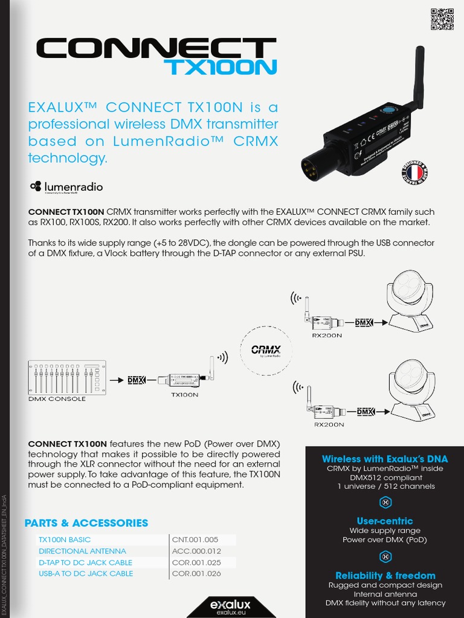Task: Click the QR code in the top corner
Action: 442,20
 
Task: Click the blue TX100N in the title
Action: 223,66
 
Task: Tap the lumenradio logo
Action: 66,187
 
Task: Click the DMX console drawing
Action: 66,377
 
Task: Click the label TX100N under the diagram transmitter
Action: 185,395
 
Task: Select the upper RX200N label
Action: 327,335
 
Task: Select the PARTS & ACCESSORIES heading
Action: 86,523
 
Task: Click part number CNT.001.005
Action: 195,540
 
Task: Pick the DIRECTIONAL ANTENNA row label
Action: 82,551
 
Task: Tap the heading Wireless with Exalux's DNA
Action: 385,459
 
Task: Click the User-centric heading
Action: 385,521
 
